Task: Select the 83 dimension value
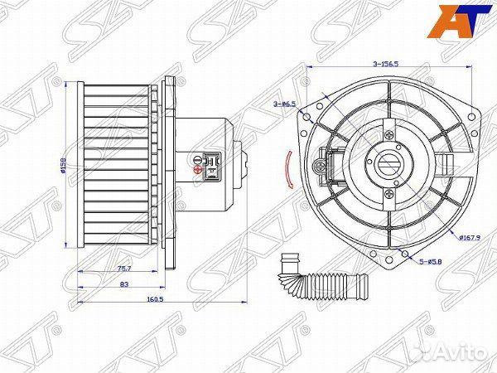pyautogui.click(x=123, y=284)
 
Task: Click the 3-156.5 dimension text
pyautogui.click(x=386, y=63)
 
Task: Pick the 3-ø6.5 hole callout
pyautogui.click(x=285, y=103)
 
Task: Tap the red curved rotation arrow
pyautogui.click(x=287, y=170)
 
